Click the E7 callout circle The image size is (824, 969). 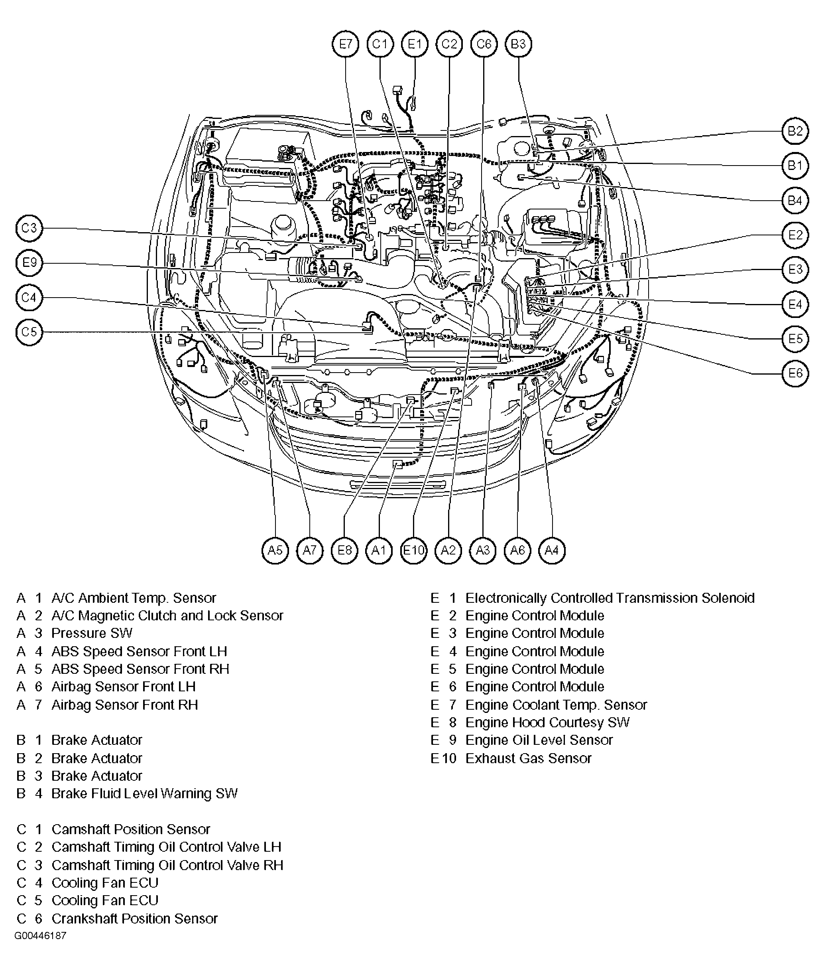tap(345, 44)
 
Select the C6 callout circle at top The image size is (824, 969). tap(484, 44)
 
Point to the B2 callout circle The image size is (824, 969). tap(795, 131)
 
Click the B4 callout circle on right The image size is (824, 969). tap(795, 201)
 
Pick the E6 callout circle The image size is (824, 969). tap(795, 373)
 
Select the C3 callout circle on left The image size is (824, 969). tap(29, 228)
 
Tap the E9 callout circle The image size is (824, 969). tap(29, 263)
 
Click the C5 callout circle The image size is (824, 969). tap(29, 332)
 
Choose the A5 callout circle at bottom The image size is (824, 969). tap(275, 550)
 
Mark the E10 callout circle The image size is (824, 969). tap(413, 550)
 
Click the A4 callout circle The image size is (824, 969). tap(552, 550)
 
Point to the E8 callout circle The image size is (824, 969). tap(344, 550)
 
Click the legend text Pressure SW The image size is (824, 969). tap(92, 633)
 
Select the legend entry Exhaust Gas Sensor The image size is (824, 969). tap(528, 758)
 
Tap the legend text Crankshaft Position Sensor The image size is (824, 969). tap(134, 918)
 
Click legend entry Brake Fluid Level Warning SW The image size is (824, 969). tap(144, 793)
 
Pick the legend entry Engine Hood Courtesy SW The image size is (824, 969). tap(547, 722)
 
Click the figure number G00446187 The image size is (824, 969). tap(40, 936)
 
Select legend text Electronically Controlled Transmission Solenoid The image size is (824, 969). tap(610, 598)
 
